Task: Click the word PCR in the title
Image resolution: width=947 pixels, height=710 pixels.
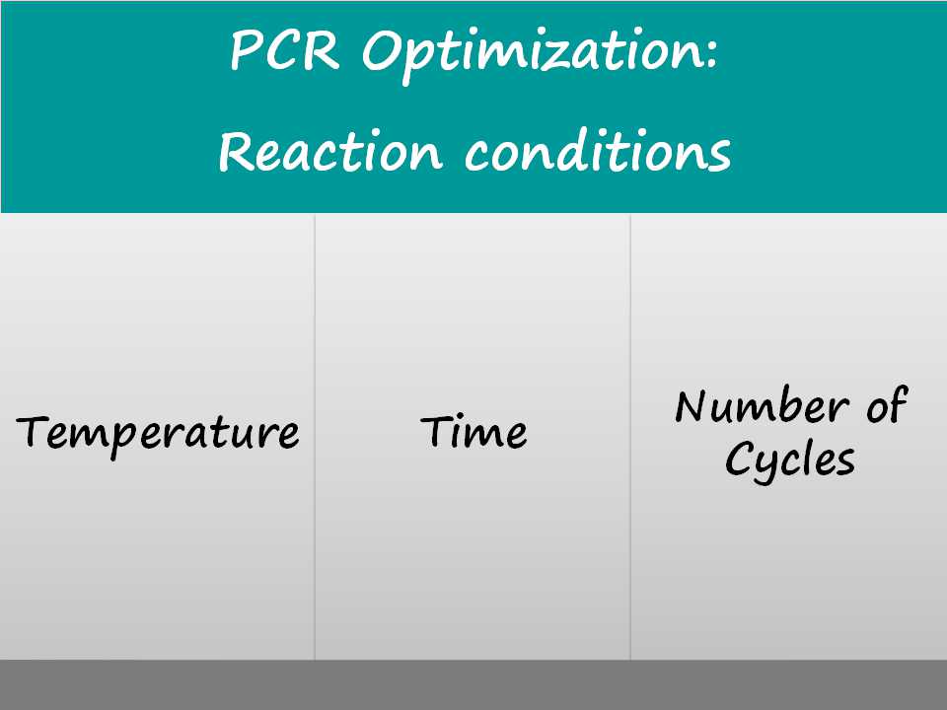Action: click(284, 50)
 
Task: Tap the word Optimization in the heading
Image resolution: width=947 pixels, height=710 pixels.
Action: click(532, 54)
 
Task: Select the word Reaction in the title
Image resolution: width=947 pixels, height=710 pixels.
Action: click(330, 151)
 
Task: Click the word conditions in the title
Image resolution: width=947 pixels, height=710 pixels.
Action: click(598, 150)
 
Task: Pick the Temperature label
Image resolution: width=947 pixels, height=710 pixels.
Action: click(158, 435)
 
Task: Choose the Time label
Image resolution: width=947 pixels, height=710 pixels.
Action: click(473, 431)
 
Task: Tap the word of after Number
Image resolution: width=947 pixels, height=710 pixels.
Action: click(887, 404)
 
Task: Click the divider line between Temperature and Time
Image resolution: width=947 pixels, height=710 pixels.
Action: click(315, 437)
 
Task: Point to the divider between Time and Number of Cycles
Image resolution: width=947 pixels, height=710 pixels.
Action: click(630, 437)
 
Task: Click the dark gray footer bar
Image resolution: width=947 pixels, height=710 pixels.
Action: click(473, 684)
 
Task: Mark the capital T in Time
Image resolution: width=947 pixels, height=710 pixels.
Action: click(437, 431)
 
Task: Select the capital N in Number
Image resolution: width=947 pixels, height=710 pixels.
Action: click(692, 405)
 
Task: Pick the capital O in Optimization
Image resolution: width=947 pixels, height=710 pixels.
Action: click(381, 50)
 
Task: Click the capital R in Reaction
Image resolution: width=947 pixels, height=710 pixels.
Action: click(236, 152)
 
